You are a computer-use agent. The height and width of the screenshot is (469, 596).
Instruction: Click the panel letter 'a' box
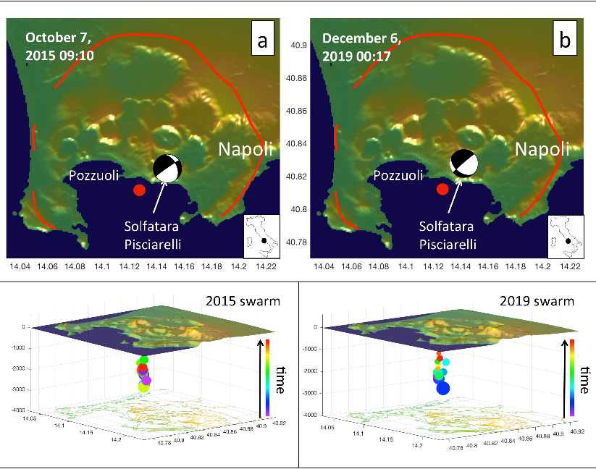pyautogui.click(x=261, y=43)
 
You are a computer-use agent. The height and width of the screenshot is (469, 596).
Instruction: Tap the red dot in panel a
pyautogui.click(x=140, y=190)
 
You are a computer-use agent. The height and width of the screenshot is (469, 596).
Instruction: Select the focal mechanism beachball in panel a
pyautogui.click(x=168, y=169)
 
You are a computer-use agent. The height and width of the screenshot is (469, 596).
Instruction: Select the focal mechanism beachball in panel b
pyautogui.click(x=463, y=163)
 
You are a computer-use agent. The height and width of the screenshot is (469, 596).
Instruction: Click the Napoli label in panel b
pyautogui.click(x=542, y=150)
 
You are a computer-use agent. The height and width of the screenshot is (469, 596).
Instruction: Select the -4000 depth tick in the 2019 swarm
pyautogui.click(x=311, y=415)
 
